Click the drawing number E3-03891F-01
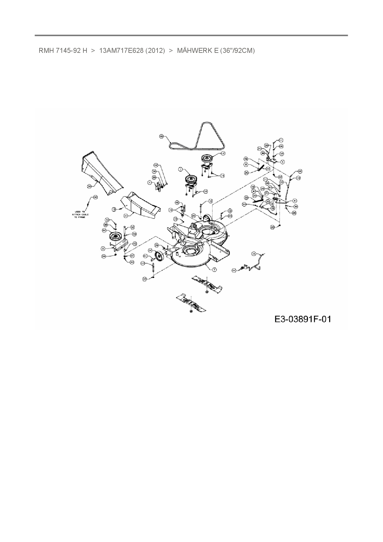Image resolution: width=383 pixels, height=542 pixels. point(302,319)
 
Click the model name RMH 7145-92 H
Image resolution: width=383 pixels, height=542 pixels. point(63,50)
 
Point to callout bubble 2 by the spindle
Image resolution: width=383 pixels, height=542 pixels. point(223,153)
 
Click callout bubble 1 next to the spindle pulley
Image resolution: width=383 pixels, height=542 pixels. point(180,169)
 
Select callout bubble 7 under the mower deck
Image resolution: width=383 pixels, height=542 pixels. point(214,269)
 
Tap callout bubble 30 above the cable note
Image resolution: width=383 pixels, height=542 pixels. point(95,197)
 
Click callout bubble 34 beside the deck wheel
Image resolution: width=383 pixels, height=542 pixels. point(150,250)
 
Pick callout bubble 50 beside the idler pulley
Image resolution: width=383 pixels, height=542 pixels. point(104,231)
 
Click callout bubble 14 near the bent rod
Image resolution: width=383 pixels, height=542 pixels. point(234,270)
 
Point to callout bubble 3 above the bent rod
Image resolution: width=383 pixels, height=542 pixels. point(253,254)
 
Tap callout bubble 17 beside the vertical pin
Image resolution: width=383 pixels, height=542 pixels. point(143,263)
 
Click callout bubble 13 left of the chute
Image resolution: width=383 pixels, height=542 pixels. point(114,209)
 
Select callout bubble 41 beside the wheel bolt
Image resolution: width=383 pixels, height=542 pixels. point(145,256)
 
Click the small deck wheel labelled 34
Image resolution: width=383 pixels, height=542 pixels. point(159,256)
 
